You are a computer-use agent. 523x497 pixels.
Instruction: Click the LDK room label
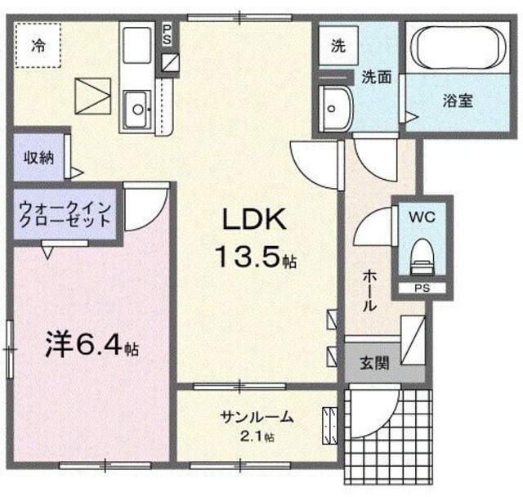pos(254,219)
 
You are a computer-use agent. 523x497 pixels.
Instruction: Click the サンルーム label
pos(257,417)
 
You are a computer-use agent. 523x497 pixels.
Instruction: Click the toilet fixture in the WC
pos(422,257)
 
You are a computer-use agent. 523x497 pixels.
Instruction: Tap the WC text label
pos(422,217)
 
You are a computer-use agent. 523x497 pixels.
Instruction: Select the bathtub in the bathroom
pos(458,47)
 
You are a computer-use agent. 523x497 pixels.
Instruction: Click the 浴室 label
pos(458,101)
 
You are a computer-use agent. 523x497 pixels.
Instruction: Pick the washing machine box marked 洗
pos(338,46)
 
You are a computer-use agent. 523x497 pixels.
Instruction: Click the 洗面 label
pos(377,78)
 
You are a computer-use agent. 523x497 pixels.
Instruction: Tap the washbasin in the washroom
pos(335,109)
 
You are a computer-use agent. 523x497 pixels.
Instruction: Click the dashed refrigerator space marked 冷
pos(38,45)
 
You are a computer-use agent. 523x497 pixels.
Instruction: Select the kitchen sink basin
pos(137,109)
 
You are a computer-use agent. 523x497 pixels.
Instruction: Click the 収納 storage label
pos(38,158)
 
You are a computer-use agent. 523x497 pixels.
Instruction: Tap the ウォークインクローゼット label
pos(65,214)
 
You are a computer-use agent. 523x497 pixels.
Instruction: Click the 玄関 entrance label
pos(374,363)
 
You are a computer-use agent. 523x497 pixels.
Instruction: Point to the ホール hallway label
pos(369,291)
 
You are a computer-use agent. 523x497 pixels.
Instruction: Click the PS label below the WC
pos(422,288)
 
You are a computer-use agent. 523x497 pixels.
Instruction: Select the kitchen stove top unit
pos(136,45)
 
